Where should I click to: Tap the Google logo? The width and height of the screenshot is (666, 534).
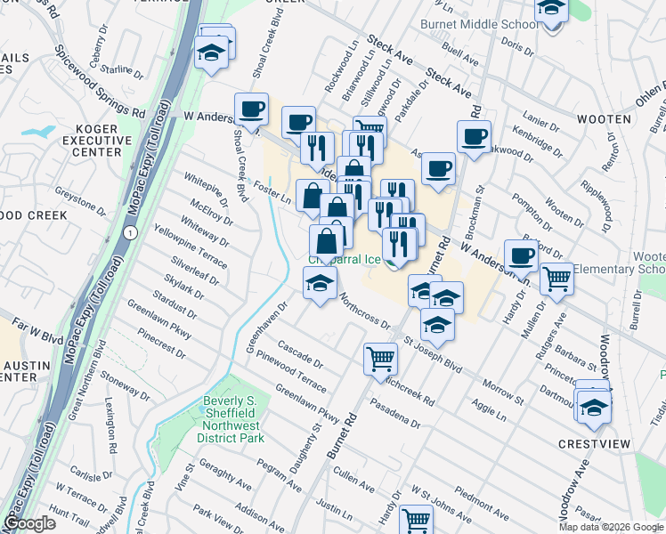pos(29,523)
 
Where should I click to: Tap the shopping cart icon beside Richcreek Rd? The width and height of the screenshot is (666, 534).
pos(380,358)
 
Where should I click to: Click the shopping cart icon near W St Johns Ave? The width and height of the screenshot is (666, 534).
pos(416,519)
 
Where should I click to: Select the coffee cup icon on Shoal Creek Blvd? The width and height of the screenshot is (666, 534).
pos(252,109)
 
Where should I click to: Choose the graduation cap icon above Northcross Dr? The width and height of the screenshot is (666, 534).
pos(320,285)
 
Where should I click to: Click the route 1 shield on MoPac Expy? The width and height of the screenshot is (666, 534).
pos(130,232)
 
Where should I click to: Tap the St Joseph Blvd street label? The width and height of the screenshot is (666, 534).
pos(433,352)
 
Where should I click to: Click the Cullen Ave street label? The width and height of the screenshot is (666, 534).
pos(356,482)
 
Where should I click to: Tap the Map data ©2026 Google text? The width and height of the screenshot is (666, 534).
pos(610,527)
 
